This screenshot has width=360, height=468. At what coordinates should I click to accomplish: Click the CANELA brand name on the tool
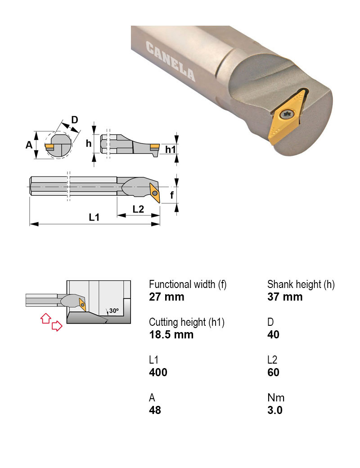point(171,61)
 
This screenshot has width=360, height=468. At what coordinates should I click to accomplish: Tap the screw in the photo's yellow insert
point(286,115)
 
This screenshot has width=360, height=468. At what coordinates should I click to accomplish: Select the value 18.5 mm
point(171,335)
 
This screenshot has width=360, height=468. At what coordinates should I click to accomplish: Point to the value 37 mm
point(285,297)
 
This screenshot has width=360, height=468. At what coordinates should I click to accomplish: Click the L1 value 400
point(158,373)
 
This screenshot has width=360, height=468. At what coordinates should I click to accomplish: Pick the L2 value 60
point(273,373)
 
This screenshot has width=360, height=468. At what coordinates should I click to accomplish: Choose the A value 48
point(155,410)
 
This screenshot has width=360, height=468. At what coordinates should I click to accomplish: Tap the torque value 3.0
point(275,410)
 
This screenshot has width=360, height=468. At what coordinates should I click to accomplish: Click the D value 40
point(273,335)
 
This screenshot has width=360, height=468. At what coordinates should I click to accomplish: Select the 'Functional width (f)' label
point(188,284)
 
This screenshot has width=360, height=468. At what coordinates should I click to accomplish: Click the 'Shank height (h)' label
point(301,284)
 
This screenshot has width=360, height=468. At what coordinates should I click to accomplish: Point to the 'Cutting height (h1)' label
point(186,322)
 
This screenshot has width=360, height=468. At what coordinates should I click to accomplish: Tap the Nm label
point(276,398)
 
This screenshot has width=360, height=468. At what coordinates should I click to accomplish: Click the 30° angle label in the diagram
point(113,311)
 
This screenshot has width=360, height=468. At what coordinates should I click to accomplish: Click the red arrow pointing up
point(45,318)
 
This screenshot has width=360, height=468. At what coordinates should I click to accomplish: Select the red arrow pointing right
point(57,326)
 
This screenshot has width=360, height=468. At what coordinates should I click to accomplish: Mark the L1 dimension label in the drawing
point(94,217)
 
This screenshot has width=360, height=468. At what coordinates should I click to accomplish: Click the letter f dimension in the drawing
point(171,195)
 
